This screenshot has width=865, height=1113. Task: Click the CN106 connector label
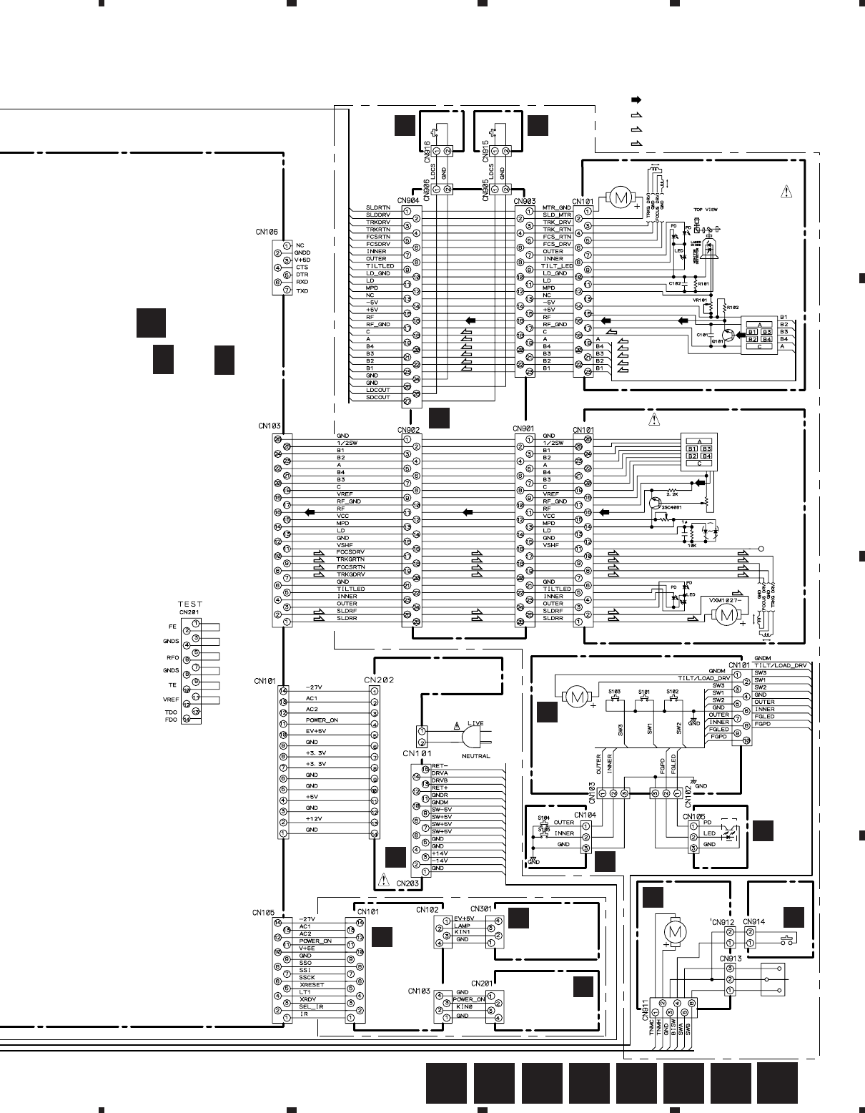(x=267, y=232)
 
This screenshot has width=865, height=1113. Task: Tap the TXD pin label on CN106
(x=302, y=291)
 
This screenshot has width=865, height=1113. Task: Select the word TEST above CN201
(x=190, y=604)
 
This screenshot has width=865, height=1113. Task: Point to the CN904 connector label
(x=408, y=201)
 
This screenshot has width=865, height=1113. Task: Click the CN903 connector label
(x=525, y=201)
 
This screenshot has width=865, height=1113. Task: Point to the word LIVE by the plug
(x=475, y=723)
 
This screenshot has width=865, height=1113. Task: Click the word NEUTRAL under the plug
(x=475, y=756)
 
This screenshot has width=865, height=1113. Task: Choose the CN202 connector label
(x=378, y=680)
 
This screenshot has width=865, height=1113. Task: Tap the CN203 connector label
(x=407, y=883)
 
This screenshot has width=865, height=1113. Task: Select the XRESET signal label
(x=312, y=984)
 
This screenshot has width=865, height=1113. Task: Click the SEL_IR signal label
(x=311, y=1006)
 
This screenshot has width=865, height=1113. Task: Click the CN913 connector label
(x=731, y=958)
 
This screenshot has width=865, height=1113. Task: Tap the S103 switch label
(x=614, y=692)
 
